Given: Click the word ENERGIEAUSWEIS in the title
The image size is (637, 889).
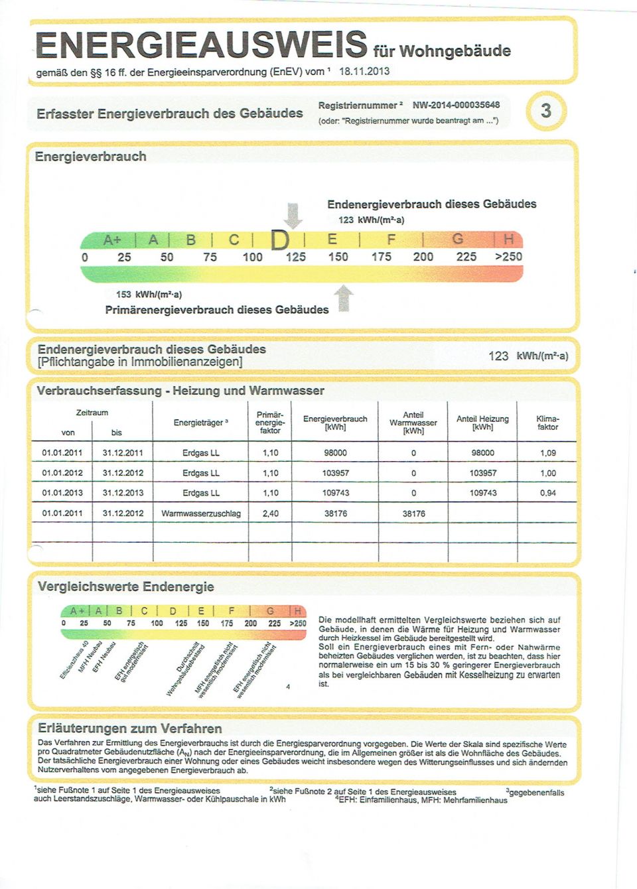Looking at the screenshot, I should (x=200, y=44).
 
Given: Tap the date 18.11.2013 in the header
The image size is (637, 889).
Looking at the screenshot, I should (x=364, y=72).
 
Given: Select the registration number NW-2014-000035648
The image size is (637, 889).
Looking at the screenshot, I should (x=456, y=105).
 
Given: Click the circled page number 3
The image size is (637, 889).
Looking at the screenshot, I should (x=545, y=110).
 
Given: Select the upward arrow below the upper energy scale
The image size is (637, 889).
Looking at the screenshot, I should (x=343, y=298).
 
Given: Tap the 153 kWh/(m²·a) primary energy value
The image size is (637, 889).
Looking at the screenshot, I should (x=149, y=294).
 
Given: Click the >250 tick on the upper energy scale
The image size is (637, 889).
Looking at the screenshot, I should (x=508, y=257).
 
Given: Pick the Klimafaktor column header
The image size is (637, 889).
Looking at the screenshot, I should (x=547, y=423).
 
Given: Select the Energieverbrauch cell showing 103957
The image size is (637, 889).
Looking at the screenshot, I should (x=335, y=473).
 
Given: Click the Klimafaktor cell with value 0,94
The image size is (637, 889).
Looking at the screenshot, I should (x=547, y=493).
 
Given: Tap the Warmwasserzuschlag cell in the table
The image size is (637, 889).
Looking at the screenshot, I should (x=201, y=513).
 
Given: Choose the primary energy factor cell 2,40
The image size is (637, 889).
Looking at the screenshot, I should (x=270, y=513).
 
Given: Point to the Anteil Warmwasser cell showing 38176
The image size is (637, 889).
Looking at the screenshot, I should (x=413, y=513).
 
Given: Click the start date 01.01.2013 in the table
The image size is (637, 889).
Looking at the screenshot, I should (x=62, y=493).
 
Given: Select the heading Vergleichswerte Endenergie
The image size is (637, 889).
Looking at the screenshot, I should (x=125, y=586).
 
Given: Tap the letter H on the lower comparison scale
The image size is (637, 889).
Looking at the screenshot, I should (x=298, y=611).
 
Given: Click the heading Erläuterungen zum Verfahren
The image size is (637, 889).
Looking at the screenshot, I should (x=129, y=728).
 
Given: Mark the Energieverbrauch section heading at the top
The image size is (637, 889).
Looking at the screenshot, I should (x=90, y=157).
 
